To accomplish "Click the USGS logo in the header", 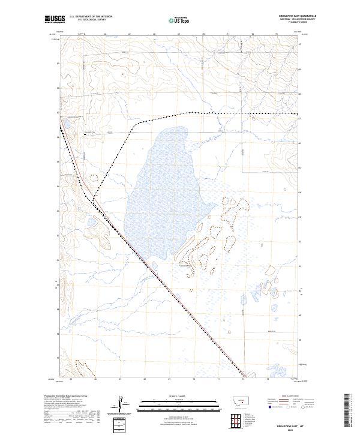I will point(55,19).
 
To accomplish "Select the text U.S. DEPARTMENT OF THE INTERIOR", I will point(91,17).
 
